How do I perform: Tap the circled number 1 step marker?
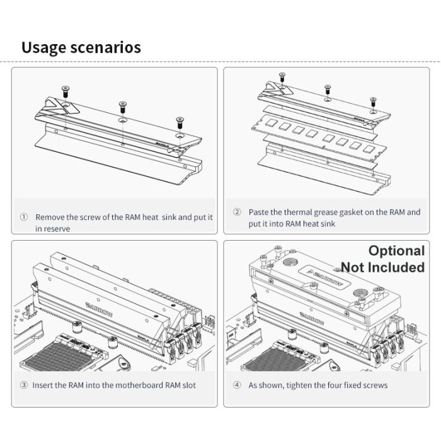[x=24, y=216]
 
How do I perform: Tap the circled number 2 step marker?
[x=237, y=212]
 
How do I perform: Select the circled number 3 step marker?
[x=24, y=384]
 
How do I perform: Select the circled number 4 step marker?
[x=237, y=384]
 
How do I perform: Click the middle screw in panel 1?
[x=122, y=105]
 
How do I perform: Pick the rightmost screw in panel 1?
[x=180, y=120]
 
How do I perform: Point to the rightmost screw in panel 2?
[x=373, y=100]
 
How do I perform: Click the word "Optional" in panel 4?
[x=396, y=251]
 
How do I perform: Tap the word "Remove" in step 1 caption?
[x=49, y=217]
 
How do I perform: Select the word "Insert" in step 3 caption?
[x=46, y=384]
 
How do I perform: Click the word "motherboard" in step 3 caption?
[x=137, y=384]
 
